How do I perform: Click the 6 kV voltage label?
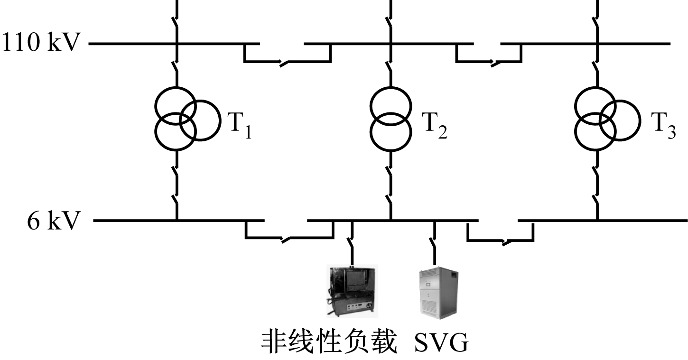click(x=52, y=221)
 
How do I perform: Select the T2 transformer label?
click(x=435, y=125)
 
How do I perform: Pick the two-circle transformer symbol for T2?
click(x=390, y=118)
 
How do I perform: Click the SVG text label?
click(x=441, y=342)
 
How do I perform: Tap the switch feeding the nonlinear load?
click(x=352, y=244)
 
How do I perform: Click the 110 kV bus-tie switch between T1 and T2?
click(x=283, y=63)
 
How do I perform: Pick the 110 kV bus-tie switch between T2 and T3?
click(x=496, y=63)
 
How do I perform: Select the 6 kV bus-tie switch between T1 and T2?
click(x=287, y=239)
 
